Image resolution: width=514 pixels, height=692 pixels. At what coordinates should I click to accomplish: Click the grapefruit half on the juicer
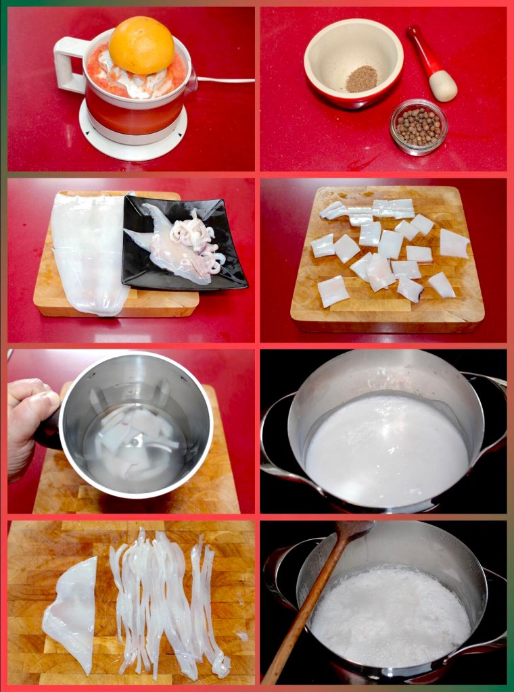(x=141, y=45)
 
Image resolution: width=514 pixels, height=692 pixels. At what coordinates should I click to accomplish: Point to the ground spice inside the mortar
(x=361, y=78)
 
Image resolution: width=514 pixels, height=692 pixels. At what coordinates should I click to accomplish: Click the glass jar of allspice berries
(x=418, y=126)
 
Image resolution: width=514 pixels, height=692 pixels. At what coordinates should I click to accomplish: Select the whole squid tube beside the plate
(x=88, y=253)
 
